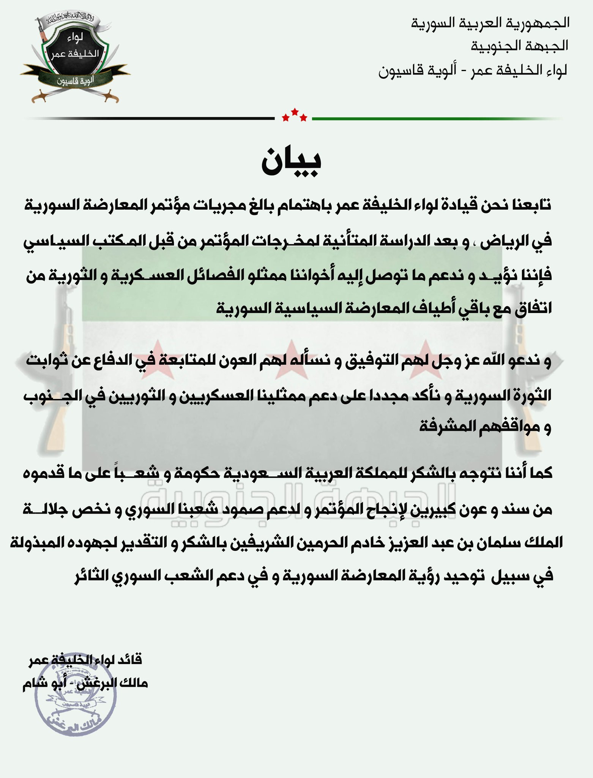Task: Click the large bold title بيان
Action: click(x=292, y=161)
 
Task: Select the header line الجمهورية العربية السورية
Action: click(x=490, y=23)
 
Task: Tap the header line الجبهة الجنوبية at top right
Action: click(x=519, y=46)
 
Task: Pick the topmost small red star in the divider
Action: click(x=294, y=112)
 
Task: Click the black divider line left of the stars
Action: click(x=152, y=119)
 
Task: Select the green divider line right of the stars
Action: click(x=437, y=119)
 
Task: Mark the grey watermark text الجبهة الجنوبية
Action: click(x=296, y=501)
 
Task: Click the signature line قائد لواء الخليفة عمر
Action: click(x=85, y=660)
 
